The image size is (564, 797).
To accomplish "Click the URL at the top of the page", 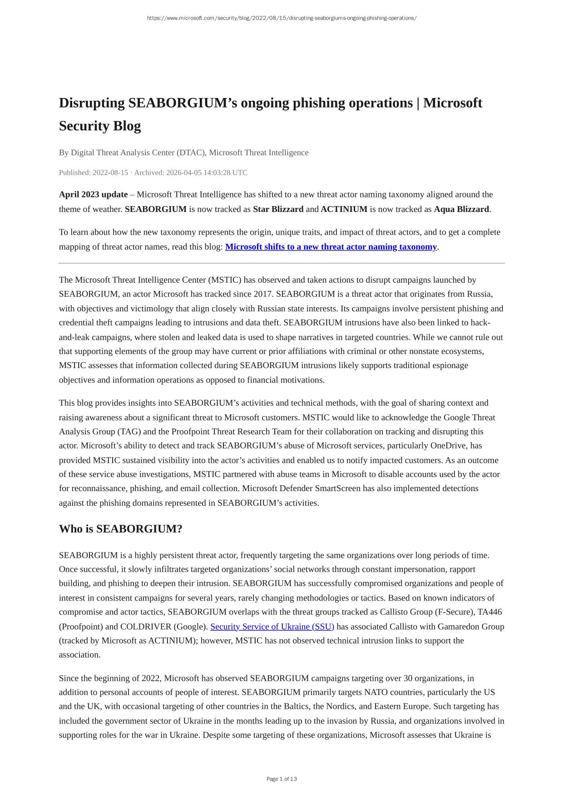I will click(282, 18).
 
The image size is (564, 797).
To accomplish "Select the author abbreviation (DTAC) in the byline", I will click(191, 153).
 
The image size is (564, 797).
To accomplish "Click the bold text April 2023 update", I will click(93, 195).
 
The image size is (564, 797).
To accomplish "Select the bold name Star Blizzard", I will click(278, 209).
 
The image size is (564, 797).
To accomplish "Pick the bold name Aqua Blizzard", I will click(461, 209).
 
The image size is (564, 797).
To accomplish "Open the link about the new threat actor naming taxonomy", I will click(331, 247).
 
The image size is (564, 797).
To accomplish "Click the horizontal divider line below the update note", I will click(282, 263).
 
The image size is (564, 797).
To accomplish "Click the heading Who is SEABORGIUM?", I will click(120, 529).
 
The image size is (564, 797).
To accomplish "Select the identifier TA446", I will click(490, 612).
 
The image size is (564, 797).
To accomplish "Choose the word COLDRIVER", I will click(146, 627).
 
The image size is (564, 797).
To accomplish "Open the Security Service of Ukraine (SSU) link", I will click(272, 627).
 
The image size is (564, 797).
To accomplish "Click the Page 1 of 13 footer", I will click(282, 779).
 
